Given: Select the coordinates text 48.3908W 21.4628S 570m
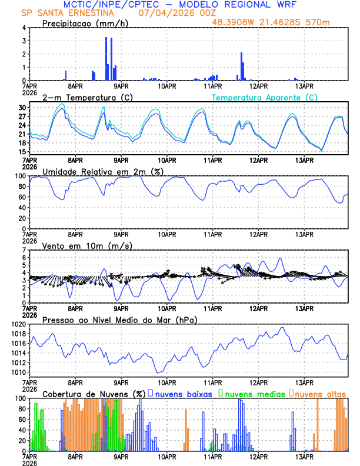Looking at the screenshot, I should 279,22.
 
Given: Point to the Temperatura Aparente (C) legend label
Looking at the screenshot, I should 264,97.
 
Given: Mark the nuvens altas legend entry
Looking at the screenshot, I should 319,394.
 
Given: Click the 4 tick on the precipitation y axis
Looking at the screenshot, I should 24,28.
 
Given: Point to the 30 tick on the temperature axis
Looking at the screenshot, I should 22,108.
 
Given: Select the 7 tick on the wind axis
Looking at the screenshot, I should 24,250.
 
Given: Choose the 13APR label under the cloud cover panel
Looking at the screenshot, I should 304,456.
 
